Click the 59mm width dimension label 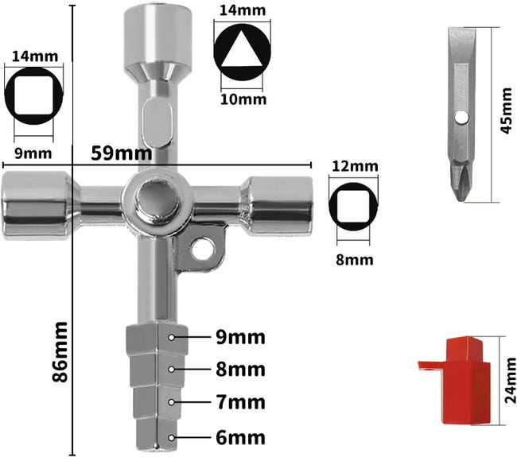pyautogui.click(x=122, y=153)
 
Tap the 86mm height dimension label pyautogui.click(x=60, y=352)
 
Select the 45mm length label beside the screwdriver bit pyautogui.click(x=507, y=110)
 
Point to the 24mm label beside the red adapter pyautogui.click(x=511, y=380)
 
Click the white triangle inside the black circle pyautogui.click(x=242, y=49)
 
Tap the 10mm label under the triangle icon pyautogui.click(x=243, y=99)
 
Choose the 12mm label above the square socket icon pyautogui.click(x=355, y=166)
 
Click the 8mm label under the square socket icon pyautogui.click(x=355, y=260)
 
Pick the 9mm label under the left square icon pyautogui.click(x=33, y=153)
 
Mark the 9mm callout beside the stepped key pyautogui.click(x=240, y=338)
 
